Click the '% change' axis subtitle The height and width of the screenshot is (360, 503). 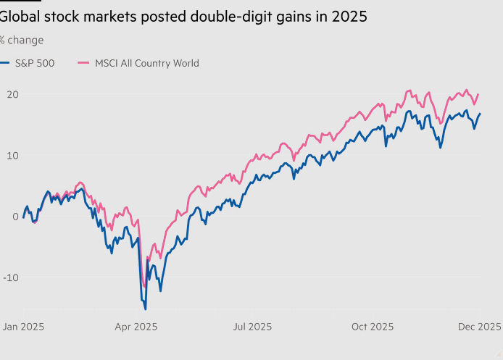(22, 40)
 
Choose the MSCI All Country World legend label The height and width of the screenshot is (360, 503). (147, 63)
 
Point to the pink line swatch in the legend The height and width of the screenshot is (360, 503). (83, 63)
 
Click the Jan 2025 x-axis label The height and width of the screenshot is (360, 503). (22, 327)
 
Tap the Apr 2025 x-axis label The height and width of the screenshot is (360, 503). (136, 327)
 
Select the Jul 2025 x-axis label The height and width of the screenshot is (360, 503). (252, 327)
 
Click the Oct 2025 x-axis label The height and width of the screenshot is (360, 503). (373, 327)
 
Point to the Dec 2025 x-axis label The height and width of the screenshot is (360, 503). (478, 327)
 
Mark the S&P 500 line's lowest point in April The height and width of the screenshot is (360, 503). (145, 309)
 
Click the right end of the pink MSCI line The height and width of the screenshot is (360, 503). (479, 94)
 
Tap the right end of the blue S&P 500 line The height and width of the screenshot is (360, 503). (480, 114)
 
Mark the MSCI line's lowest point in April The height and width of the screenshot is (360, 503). (144, 286)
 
